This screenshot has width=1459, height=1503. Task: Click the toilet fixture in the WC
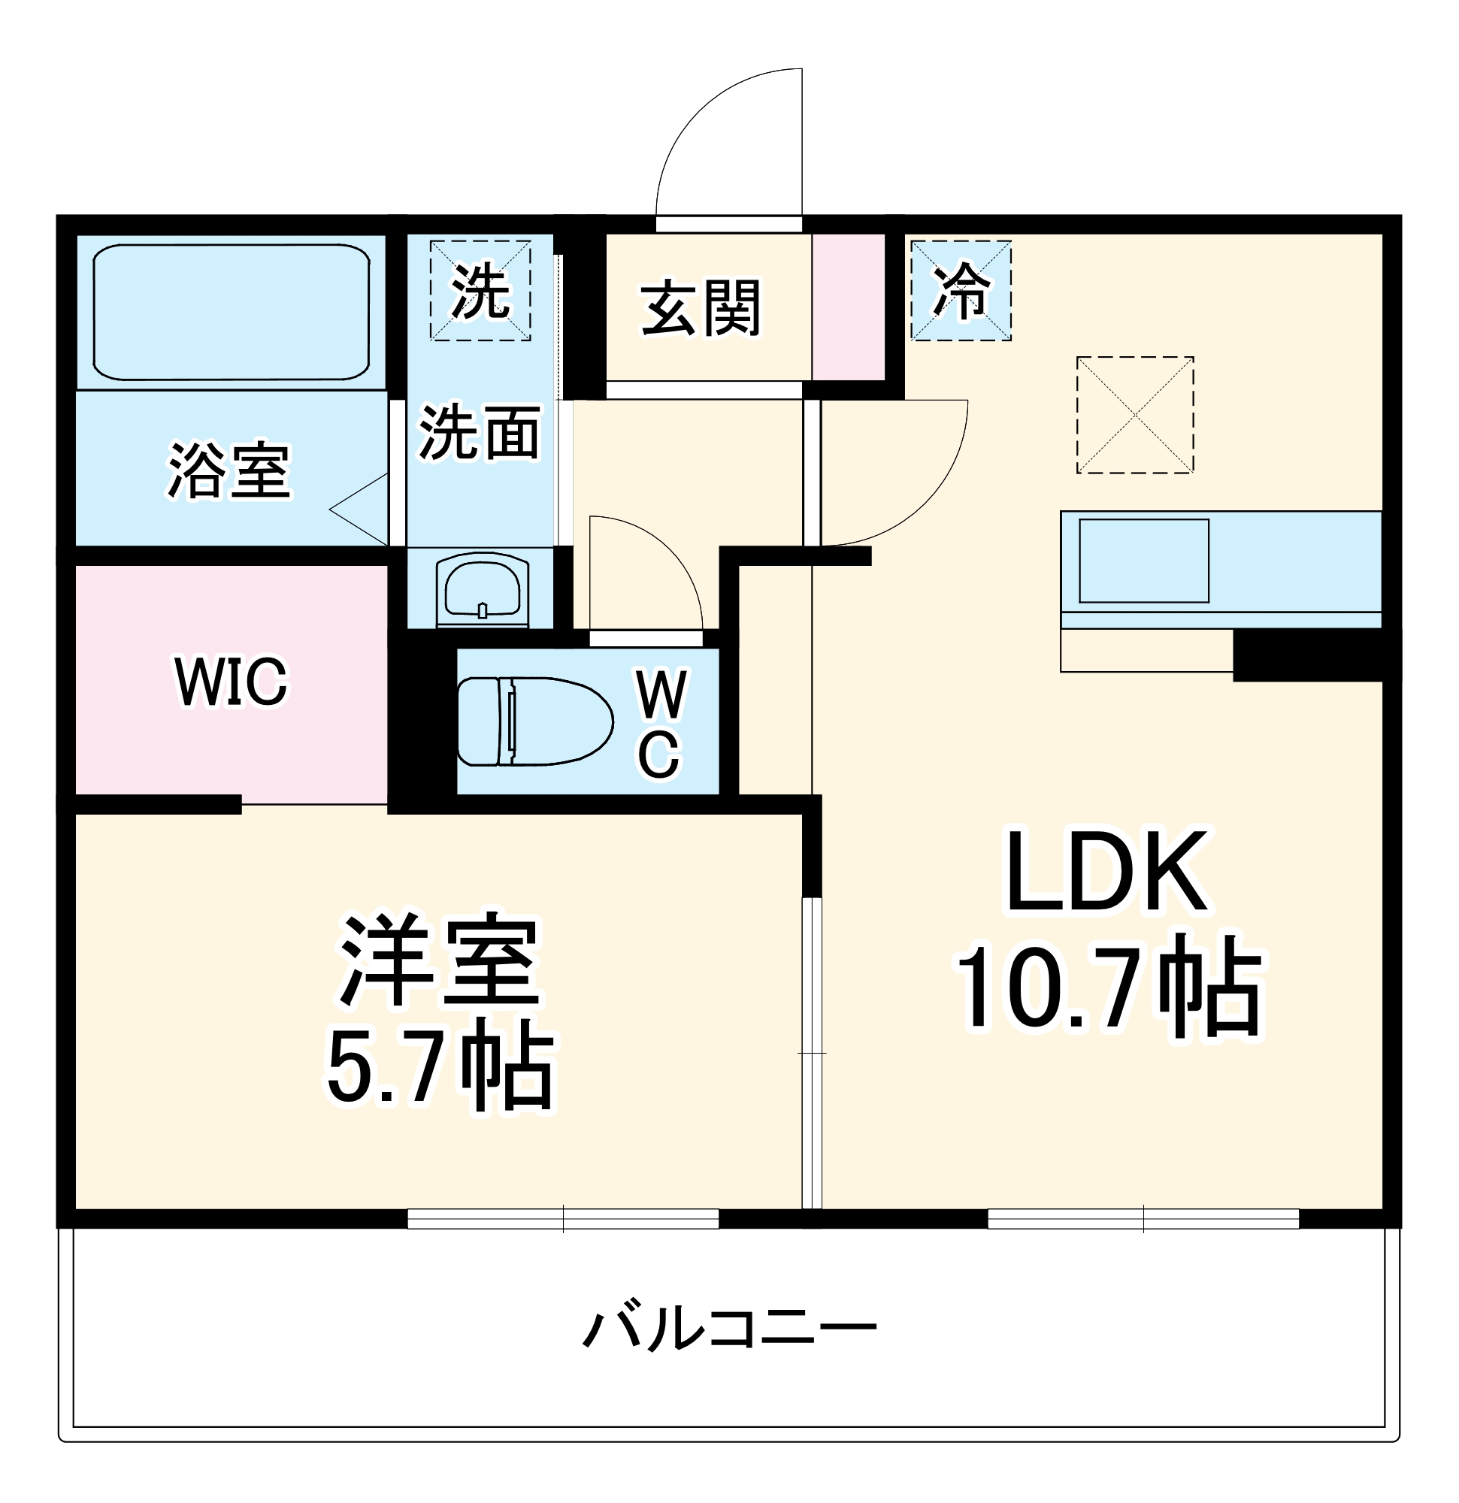(x=534, y=721)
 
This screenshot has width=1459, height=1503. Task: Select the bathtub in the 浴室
(x=231, y=312)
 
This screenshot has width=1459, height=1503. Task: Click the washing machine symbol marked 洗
(x=480, y=291)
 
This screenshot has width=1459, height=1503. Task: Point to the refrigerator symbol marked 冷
(x=961, y=291)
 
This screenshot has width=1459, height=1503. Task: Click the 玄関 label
(x=701, y=307)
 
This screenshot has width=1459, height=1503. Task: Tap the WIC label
(x=231, y=681)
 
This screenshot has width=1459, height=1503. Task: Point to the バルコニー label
(x=728, y=1329)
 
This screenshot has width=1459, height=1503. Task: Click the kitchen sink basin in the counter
(x=1144, y=561)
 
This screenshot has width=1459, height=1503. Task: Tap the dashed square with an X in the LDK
(x=1134, y=415)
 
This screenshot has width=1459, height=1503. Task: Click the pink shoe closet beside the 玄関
(x=849, y=307)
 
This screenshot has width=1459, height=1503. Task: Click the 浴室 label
(x=229, y=470)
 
